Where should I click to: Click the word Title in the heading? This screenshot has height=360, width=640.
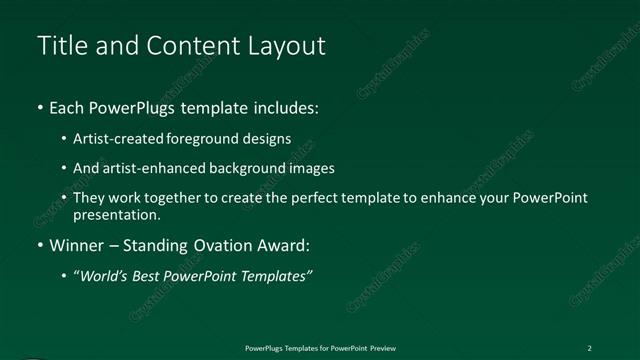(59, 46)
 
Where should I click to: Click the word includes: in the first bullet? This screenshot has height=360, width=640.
(288, 107)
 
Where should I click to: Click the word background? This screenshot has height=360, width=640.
(246, 169)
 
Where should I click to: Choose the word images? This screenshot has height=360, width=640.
(310, 169)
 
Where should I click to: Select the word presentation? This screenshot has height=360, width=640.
(116, 215)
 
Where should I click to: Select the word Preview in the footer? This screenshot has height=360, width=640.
(381, 348)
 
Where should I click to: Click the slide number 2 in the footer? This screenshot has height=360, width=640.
(589, 348)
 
